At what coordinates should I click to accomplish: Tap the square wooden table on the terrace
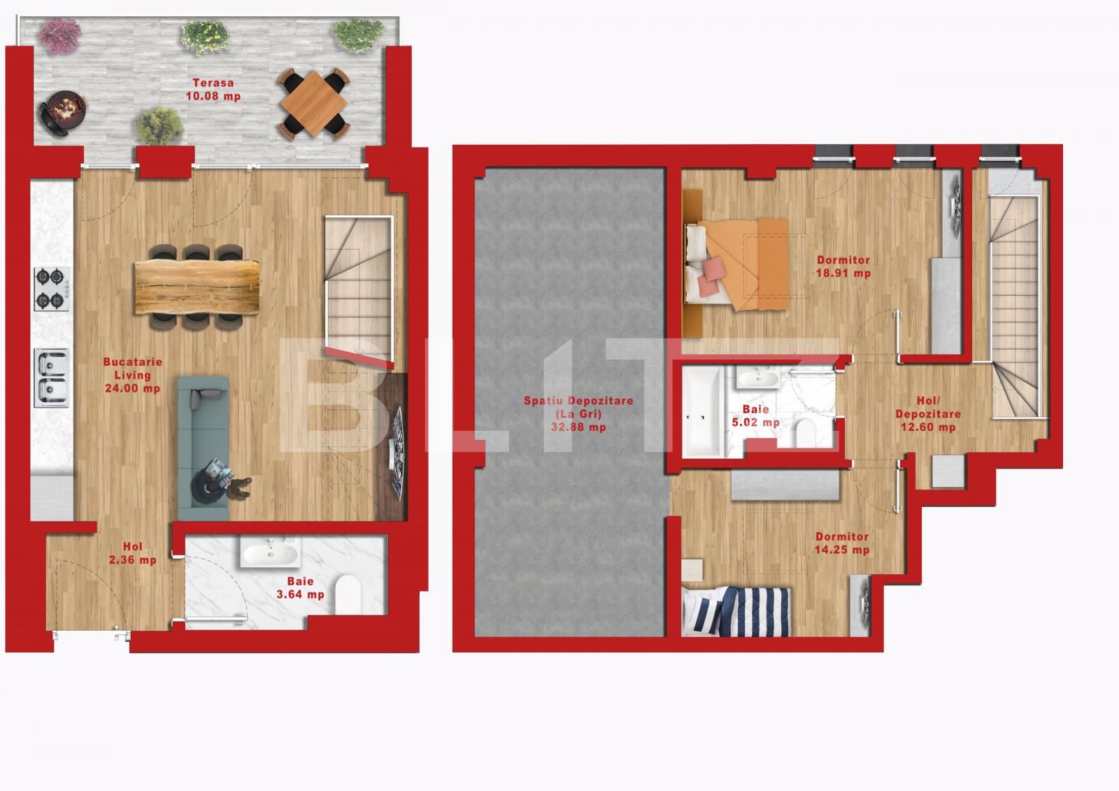[x=313, y=103]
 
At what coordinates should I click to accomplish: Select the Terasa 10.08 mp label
[x=213, y=90]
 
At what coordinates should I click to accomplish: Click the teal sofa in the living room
[x=203, y=448]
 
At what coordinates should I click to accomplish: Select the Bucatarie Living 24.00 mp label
[x=132, y=376]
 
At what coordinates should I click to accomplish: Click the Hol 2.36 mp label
[x=132, y=553]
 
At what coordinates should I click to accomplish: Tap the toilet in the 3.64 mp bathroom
[x=348, y=594]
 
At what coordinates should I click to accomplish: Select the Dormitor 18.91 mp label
[x=843, y=266]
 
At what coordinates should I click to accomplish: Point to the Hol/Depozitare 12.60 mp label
[x=928, y=414]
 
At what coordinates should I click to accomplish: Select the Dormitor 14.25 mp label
[x=842, y=543]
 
